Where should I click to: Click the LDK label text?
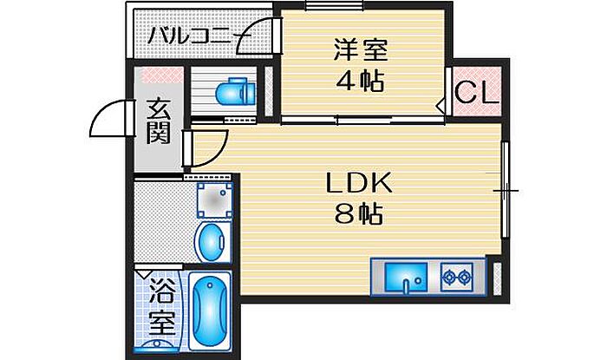pos(359,183)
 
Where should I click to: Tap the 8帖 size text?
pos(359,213)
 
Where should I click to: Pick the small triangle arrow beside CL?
pos(441,107)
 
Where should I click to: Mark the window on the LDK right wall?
pos(505,189)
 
